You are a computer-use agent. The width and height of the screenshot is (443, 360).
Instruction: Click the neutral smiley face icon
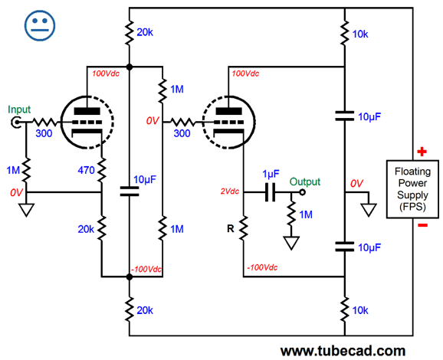click(40, 26)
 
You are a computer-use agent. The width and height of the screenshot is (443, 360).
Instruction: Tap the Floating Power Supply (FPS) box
click(412, 189)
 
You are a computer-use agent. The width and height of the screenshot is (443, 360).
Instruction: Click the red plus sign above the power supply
click(422, 152)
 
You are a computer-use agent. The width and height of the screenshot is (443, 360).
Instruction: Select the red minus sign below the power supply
click(422, 225)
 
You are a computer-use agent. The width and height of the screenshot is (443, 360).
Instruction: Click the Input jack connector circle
click(16, 123)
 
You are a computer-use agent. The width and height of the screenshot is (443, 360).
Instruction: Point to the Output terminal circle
click(302, 192)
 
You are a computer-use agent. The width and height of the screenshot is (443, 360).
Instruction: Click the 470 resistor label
click(86, 170)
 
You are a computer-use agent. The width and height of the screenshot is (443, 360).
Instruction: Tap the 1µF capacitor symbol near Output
click(270, 192)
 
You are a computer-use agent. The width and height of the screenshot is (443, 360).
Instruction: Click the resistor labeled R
click(243, 228)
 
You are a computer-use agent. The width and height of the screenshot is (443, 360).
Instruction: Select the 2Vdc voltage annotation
click(230, 191)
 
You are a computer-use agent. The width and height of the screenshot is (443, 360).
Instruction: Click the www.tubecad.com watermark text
click(343, 351)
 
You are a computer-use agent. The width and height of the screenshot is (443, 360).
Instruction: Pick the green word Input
click(19, 110)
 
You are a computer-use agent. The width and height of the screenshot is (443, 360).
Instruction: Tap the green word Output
click(305, 182)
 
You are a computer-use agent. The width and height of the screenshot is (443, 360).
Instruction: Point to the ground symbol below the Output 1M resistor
click(291, 244)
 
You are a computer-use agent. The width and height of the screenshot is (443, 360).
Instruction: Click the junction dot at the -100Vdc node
click(129, 277)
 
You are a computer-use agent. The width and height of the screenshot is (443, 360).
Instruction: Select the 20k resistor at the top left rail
click(129, 32)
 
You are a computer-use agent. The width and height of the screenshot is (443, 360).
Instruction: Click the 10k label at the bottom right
click(360, 310)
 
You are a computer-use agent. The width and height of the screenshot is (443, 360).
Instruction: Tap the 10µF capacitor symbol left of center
click(129, 191)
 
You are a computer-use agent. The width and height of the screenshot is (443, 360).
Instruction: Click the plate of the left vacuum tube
click(87, 111)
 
